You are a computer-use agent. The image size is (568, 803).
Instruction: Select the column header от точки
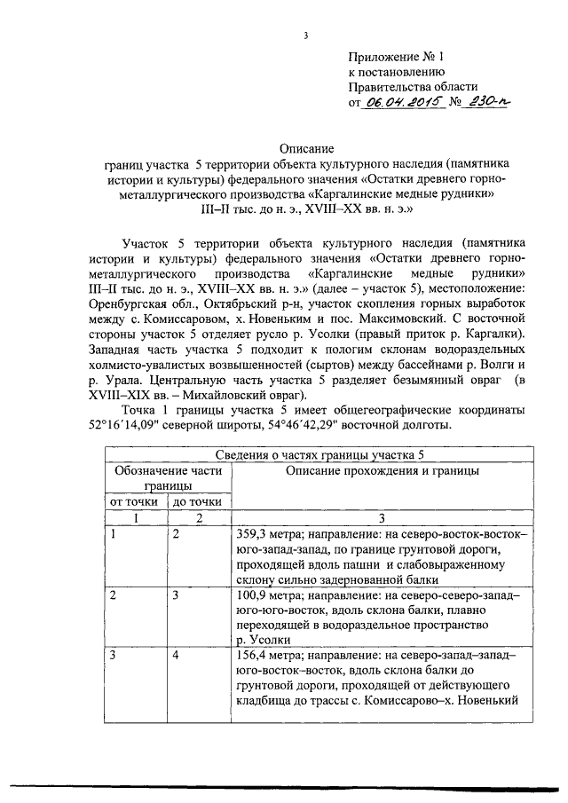(133, 501)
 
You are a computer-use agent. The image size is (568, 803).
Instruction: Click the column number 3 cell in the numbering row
(383, 517)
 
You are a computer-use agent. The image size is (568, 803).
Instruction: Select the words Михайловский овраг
(253, 394)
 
